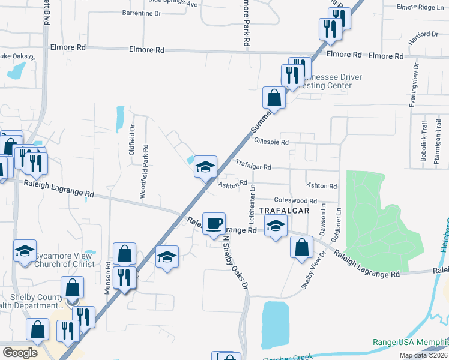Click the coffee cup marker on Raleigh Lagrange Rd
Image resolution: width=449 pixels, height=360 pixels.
coord(214,223)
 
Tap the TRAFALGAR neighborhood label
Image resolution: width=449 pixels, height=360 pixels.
coord(284,211)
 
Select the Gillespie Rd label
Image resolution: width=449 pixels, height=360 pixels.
coord(271,142)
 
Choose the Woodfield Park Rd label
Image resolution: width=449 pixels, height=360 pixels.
coord(145,174)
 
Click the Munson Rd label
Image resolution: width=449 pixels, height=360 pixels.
coord(108,273)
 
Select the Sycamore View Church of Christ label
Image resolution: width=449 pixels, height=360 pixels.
coord(64,260)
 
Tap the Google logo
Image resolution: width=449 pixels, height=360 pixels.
coord(20,353)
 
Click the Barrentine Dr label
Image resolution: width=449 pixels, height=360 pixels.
coord(142,12)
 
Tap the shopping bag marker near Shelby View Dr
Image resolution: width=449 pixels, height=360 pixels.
coord(301,247)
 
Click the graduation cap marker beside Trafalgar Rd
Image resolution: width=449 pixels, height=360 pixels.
coord(205,166)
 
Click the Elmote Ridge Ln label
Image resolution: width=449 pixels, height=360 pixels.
coord(420,7)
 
